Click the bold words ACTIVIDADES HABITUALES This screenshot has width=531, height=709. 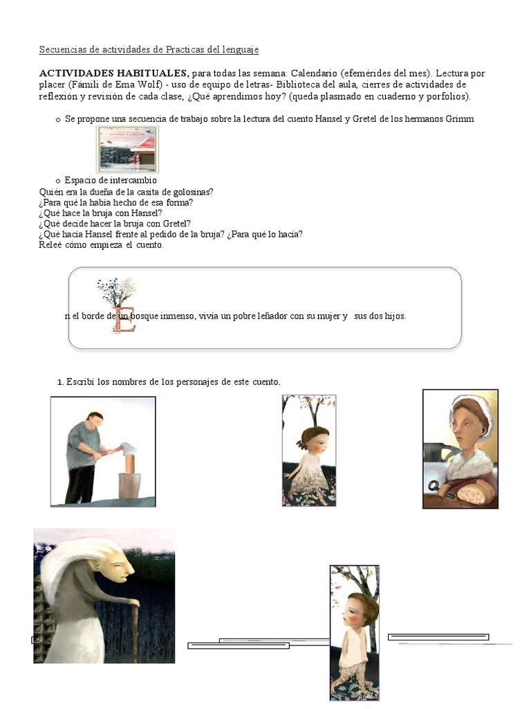113,73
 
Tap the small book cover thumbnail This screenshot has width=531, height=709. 127,150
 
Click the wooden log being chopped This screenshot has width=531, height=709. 129,481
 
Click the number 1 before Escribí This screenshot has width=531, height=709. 60,382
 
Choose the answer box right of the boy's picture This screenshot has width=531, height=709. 438,637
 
